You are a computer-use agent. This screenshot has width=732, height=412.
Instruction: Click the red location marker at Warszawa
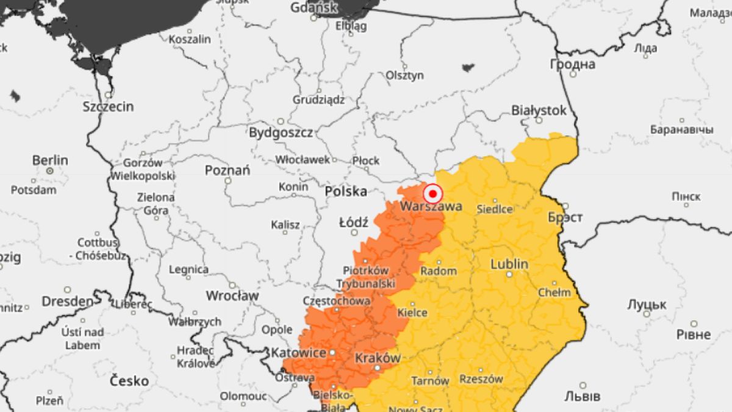click(x=432, y=194)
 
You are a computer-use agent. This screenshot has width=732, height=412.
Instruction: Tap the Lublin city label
click(x=509, y=264)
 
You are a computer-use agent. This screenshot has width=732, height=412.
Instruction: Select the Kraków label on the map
click(x=376, y=358)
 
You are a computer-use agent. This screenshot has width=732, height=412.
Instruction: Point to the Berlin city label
click(x=50, y=160)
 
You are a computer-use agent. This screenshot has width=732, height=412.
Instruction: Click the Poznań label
click(x=228, y=170)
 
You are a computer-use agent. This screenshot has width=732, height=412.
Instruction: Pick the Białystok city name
click(x=539, y=110)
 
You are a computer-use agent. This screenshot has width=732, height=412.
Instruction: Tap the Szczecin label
click(x=108, y=106)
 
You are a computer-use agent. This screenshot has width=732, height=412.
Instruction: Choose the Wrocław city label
click(x=232, y=296)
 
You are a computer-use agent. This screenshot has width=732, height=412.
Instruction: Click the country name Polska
click(x=346, y=192)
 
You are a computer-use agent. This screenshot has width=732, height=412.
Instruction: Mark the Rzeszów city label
click(x=481, y=379)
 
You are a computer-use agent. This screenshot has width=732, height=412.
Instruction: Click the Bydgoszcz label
click(x=281, y=132)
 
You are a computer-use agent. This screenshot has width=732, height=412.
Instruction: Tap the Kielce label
click(x=412, y=313)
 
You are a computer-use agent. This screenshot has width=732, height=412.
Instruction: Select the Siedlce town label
click(x=494, y=209)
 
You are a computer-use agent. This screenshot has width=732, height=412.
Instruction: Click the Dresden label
click(x=68, y=302)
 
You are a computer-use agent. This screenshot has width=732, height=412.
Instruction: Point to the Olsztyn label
click(x=404, y=75)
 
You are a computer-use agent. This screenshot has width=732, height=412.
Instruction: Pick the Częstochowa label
click(x=336, y=301)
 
